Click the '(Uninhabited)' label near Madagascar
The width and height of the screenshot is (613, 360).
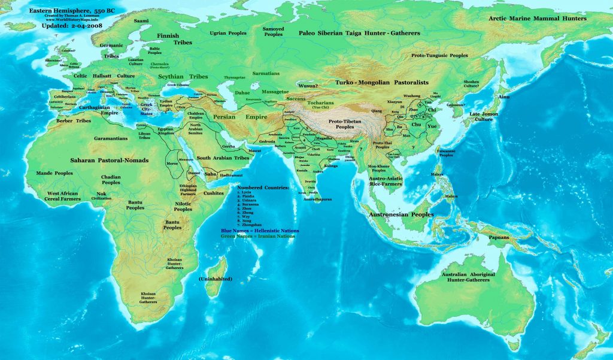tap(215, 279)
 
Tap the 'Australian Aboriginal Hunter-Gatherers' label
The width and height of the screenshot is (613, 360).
tap(485, 278)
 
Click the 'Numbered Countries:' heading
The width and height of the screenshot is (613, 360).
tap(264, 187)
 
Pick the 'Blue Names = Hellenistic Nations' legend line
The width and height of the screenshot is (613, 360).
tap(268, 230)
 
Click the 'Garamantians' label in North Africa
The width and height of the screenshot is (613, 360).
tap(111, 138)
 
